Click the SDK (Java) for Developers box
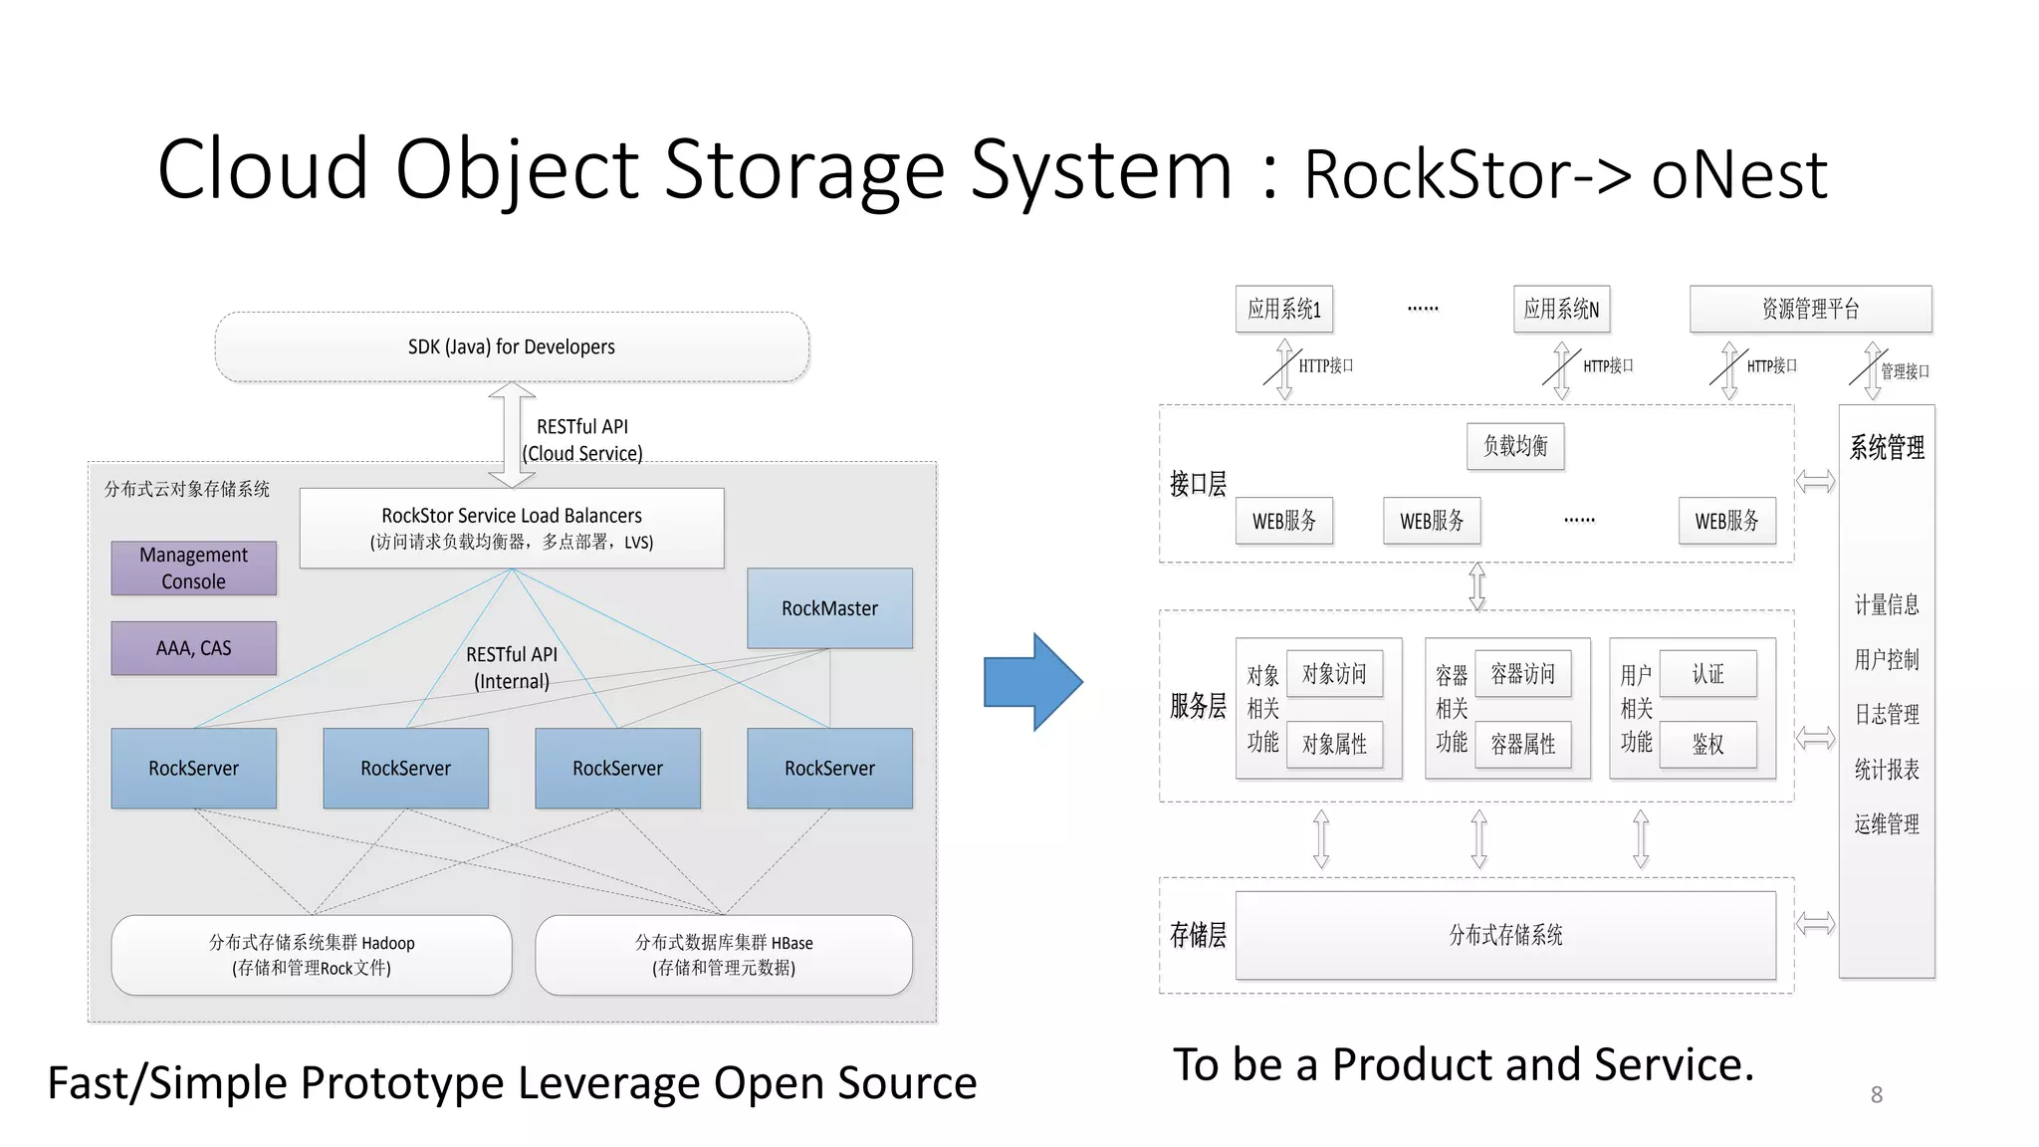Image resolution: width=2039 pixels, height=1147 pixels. (512, 346)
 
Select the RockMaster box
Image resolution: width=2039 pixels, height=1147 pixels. (829, 608)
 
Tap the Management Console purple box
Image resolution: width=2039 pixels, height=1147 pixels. (193, 569)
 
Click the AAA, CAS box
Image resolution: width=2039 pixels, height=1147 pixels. (193, 648)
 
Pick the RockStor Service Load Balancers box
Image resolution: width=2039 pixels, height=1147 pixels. (512, 528)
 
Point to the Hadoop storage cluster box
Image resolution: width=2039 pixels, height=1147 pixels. (312, 955)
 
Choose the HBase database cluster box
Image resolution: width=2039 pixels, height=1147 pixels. (724, 955)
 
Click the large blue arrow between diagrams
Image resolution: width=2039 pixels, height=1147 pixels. (1031, 682)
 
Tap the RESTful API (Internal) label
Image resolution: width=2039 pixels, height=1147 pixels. (511, 668)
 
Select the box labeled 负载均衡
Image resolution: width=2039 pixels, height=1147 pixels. (1515, 446)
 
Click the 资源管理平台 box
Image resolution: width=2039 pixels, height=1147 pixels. (1810, 309)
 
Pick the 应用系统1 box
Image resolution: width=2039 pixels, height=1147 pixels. (1284, 309)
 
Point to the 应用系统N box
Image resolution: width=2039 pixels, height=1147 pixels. (1561, 309)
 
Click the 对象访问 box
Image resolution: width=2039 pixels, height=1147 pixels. (1334, 674)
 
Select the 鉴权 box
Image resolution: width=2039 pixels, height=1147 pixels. (1707, 744)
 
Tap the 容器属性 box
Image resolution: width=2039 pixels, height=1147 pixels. (1522, 744)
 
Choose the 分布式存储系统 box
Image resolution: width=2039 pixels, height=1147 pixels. (1505, 935)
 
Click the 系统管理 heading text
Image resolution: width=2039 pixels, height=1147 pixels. (1887, 447)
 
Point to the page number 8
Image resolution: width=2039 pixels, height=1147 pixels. (1876, 1094)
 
